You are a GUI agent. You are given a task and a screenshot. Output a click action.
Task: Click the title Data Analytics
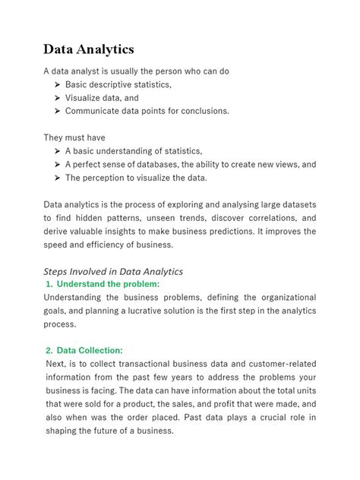[x=88, y=49]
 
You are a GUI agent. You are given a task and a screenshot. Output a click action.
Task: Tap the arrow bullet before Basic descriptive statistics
[x=57, y=84]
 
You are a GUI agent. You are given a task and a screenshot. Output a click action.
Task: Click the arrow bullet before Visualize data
[x=57, y=97]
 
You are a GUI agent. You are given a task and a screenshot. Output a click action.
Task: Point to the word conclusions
[x=201, y=111]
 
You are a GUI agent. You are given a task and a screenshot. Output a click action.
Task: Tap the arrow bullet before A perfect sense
[x=57, y=164]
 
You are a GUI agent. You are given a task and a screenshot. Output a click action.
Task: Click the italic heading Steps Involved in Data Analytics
[x=113, y=271]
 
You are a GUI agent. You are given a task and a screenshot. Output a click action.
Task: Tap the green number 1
[x=49, y=284]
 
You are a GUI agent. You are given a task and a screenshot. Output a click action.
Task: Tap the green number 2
[x=49, y=350]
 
